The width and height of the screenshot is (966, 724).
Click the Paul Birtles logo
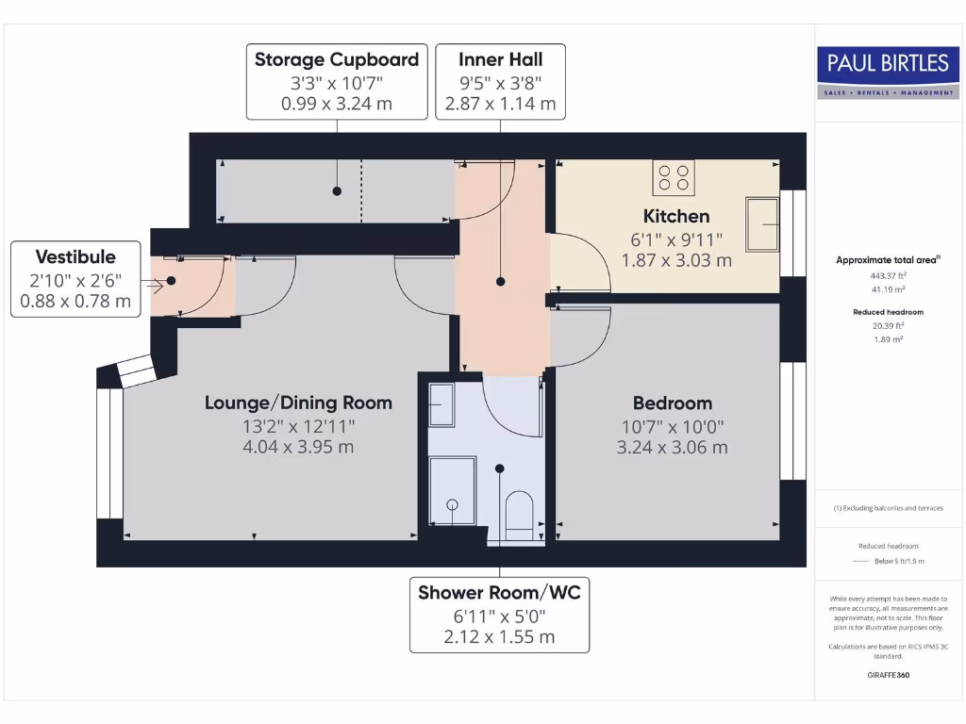tap(887, 71)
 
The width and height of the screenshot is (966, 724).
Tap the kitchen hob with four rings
tap(674, 178)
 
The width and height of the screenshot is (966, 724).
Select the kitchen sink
tap(763, 223)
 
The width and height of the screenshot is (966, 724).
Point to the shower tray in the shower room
tap(453, 490)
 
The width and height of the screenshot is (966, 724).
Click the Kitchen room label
tap(676, 216)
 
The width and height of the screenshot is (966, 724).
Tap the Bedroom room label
tap(672, 403)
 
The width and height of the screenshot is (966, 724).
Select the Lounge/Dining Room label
tap(298, 403)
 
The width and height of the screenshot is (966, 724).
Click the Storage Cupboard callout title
tap(337, 59)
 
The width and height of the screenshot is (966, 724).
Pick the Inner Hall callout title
tap(500, 59)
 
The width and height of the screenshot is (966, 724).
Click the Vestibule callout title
tap(75, 256)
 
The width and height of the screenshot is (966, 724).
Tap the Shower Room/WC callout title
tap(499, 592)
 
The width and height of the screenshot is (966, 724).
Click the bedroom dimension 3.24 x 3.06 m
tap(672, 448)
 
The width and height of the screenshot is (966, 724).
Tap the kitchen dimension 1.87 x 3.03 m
tap(676, 260)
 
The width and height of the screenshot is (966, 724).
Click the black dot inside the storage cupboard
tap(337, 191)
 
